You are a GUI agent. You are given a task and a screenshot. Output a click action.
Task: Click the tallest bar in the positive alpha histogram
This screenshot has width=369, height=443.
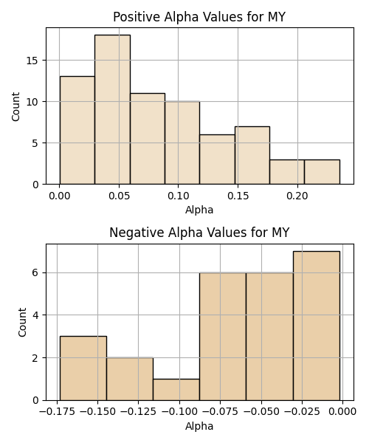click(x=112, y=109)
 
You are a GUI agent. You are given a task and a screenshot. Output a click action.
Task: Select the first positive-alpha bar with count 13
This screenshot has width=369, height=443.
click(x=77, y=130)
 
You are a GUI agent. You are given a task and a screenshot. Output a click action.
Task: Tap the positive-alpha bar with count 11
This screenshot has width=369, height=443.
click(x=148, y=139)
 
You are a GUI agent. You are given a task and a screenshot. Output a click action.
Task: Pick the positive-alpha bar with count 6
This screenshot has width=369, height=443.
click(x=218, y=159)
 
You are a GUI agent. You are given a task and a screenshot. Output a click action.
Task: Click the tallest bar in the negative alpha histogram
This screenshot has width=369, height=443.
click(x=317, y=326)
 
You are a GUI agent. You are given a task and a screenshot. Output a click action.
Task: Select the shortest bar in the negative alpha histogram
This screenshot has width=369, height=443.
click(x=176, y=390)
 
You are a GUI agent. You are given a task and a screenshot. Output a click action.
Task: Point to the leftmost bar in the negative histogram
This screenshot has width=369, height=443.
click(x=83, y=368)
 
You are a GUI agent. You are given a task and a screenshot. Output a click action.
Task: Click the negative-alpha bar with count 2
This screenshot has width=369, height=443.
click(x=130, y=380)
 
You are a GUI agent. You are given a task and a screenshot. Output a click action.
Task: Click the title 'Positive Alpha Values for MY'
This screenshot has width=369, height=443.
click(x=199, y=17)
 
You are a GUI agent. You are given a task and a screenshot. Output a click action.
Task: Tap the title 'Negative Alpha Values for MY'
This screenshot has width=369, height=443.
click(x=199, y=233)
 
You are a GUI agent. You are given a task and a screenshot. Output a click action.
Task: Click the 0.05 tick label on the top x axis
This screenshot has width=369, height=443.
click(x=119, y=196)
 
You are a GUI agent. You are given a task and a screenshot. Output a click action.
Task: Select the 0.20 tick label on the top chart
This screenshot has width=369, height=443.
click(x=297, y=196)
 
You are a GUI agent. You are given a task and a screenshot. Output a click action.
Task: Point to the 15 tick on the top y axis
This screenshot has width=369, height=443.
click(x=32, y=61)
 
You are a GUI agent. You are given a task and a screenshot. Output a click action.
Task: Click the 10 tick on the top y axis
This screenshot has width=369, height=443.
click(x=32, y=102)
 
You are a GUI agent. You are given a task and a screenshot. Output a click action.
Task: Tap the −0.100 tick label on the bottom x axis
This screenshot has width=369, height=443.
click(x=179, y=412)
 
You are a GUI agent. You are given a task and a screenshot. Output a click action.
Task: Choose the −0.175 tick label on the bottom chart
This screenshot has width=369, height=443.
click(x=58, y=412)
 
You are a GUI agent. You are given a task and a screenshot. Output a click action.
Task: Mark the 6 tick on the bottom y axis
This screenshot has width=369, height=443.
click(x=35, y=273)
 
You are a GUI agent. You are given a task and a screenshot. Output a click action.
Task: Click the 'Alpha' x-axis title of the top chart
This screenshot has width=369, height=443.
click(x=199, y=210)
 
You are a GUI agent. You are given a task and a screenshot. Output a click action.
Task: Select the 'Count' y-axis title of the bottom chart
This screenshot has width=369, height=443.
click(x=22, y=323)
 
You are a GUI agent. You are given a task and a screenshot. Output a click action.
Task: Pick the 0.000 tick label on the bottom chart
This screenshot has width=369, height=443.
click(x=343, y=412)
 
